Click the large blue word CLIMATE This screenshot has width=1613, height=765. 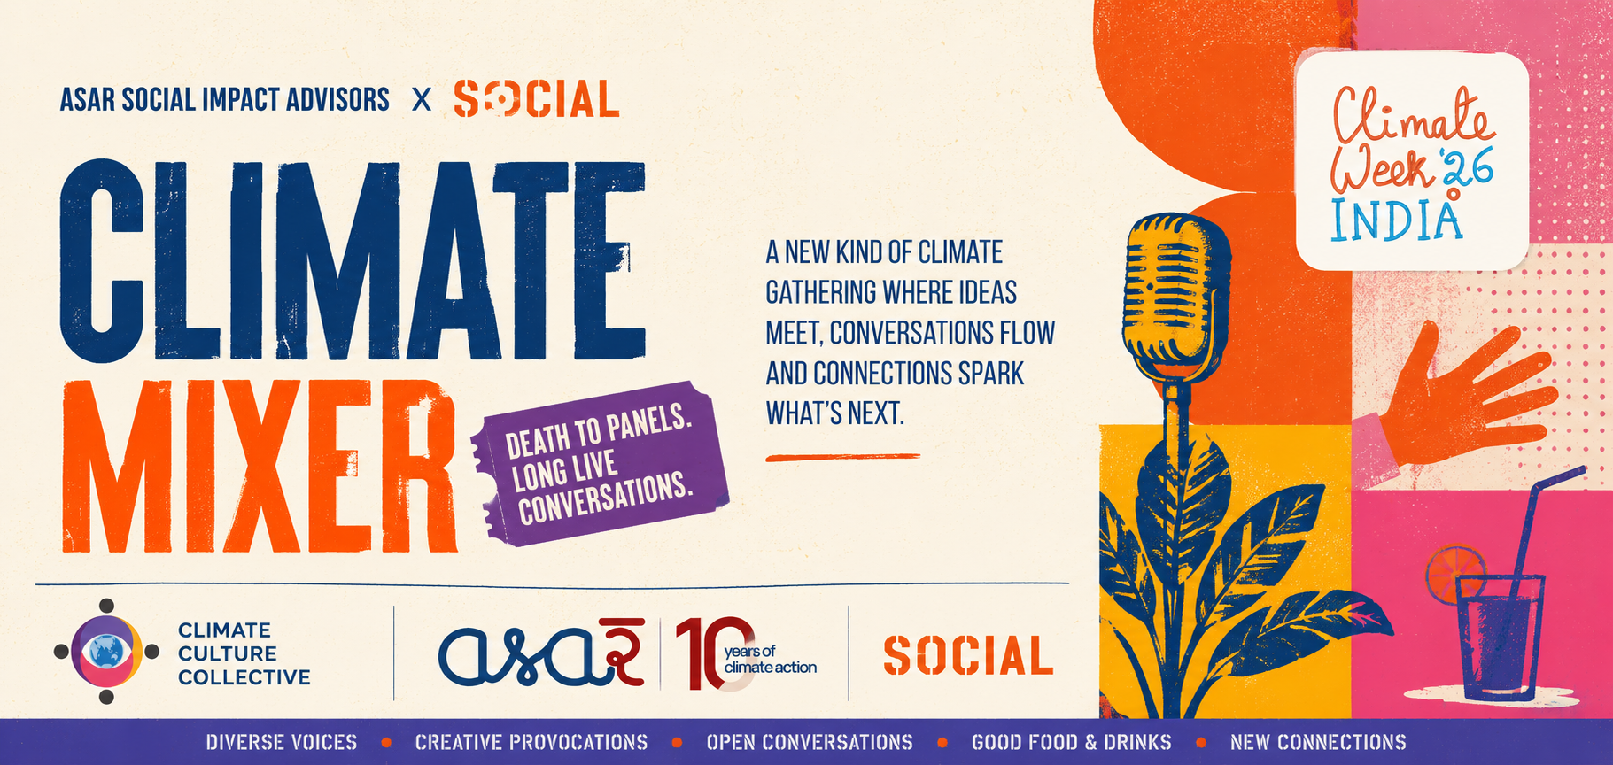click(353, 260)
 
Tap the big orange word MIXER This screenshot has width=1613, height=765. click(260, 466)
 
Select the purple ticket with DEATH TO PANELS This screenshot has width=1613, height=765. click(601, 464)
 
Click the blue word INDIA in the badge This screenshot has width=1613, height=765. click(1396, 221)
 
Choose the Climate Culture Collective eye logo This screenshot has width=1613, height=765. click(106, 652)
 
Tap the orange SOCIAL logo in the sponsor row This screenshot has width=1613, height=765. click(968, 656)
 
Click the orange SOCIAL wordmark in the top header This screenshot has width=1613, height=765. click(536, 99)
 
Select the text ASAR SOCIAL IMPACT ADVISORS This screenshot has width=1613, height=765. click(225, 99)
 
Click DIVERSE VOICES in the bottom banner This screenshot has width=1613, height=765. click(282, 742)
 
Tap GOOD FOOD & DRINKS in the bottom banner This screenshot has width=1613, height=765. click(1071, 742)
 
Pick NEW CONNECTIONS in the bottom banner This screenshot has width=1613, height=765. click(1318, 742)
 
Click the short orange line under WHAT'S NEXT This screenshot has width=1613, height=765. click(842, 457)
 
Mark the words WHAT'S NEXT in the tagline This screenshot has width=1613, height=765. click(834, 413)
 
